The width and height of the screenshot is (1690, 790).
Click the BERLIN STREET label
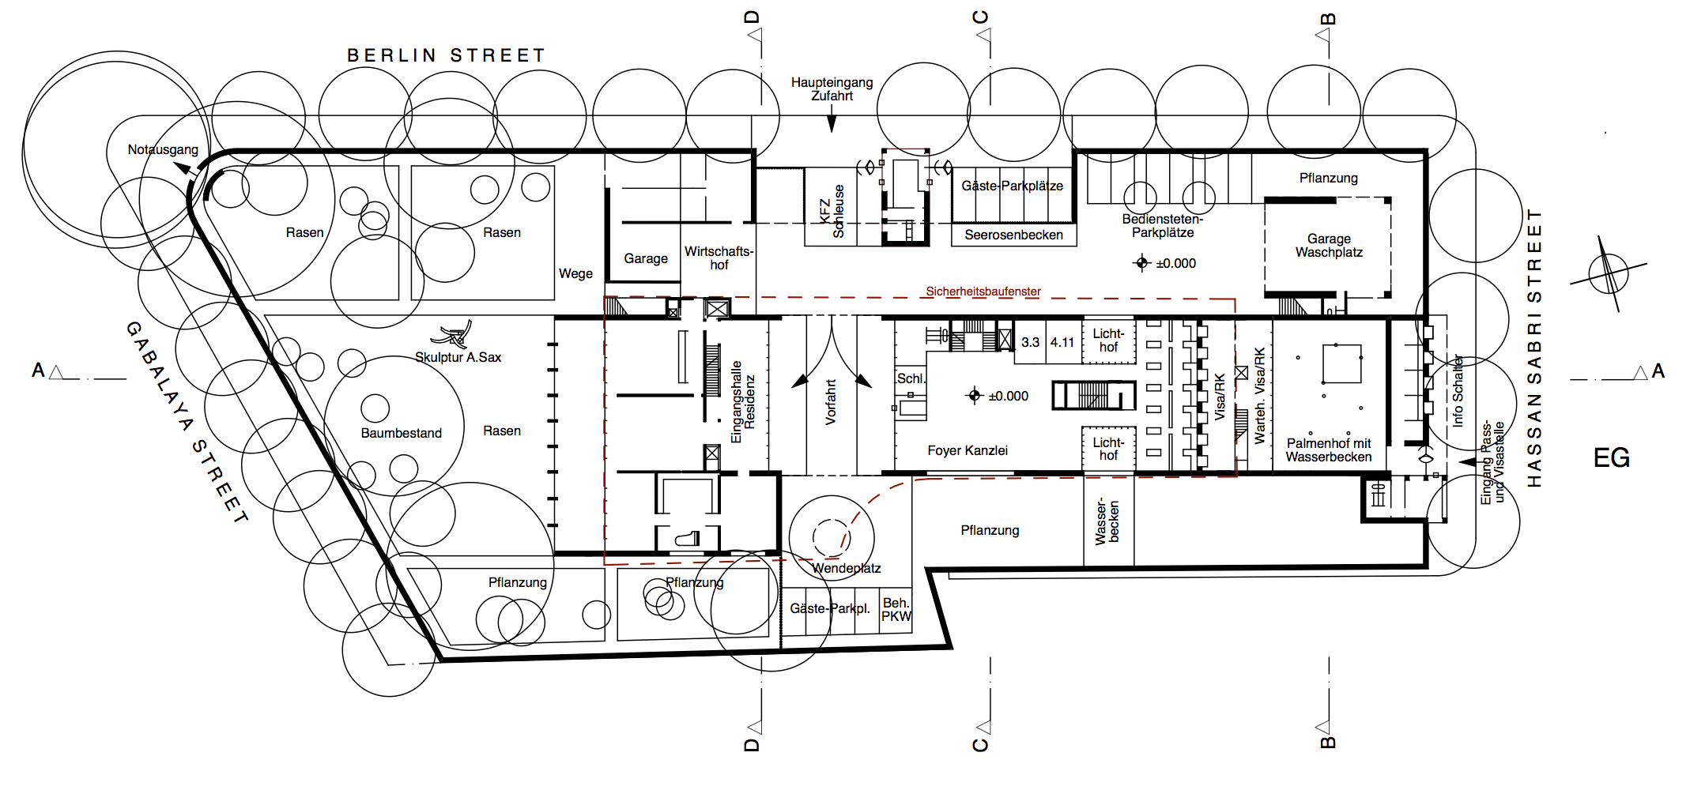coord(447,55)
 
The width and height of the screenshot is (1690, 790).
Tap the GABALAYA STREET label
coord(187,422)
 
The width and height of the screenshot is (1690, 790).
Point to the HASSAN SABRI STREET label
coord(1534,348)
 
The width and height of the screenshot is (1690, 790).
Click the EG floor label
coord(1611,458)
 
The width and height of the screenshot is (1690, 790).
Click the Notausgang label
coord(163,149)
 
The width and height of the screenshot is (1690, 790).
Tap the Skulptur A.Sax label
coord(458,357)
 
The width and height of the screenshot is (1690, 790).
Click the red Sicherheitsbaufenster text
coord(983,292)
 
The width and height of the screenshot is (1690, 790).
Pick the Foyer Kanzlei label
coord(968,450)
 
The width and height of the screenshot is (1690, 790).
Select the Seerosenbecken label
coord(1013,235)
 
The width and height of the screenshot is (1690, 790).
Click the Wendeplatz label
coord(846,568)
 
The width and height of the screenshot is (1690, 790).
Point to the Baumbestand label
coord(401,433)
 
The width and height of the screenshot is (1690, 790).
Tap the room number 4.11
coord(1062,343)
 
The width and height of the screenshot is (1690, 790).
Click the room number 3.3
coord(1030,343)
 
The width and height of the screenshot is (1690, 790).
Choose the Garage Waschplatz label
coord(1329,245)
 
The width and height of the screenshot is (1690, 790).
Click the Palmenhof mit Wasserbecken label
coord(1328,450)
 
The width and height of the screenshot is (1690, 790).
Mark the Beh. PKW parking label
coord(896,610)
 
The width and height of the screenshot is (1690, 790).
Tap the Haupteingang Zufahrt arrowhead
coord(832,124)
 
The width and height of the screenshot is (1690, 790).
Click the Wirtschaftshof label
coord(719,258)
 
